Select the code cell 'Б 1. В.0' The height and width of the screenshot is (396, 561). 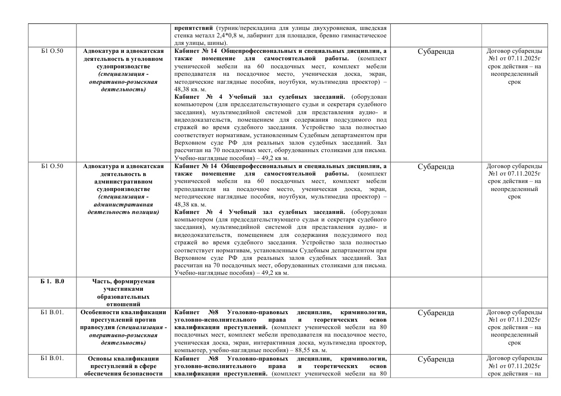coord(52,281)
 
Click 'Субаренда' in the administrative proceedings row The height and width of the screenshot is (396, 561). coord(436,167)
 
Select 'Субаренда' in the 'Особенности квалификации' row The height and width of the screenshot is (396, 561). coord(436,313)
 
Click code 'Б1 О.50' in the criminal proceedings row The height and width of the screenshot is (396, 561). coord(52,51)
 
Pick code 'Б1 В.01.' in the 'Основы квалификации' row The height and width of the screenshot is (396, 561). coord(52,359)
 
